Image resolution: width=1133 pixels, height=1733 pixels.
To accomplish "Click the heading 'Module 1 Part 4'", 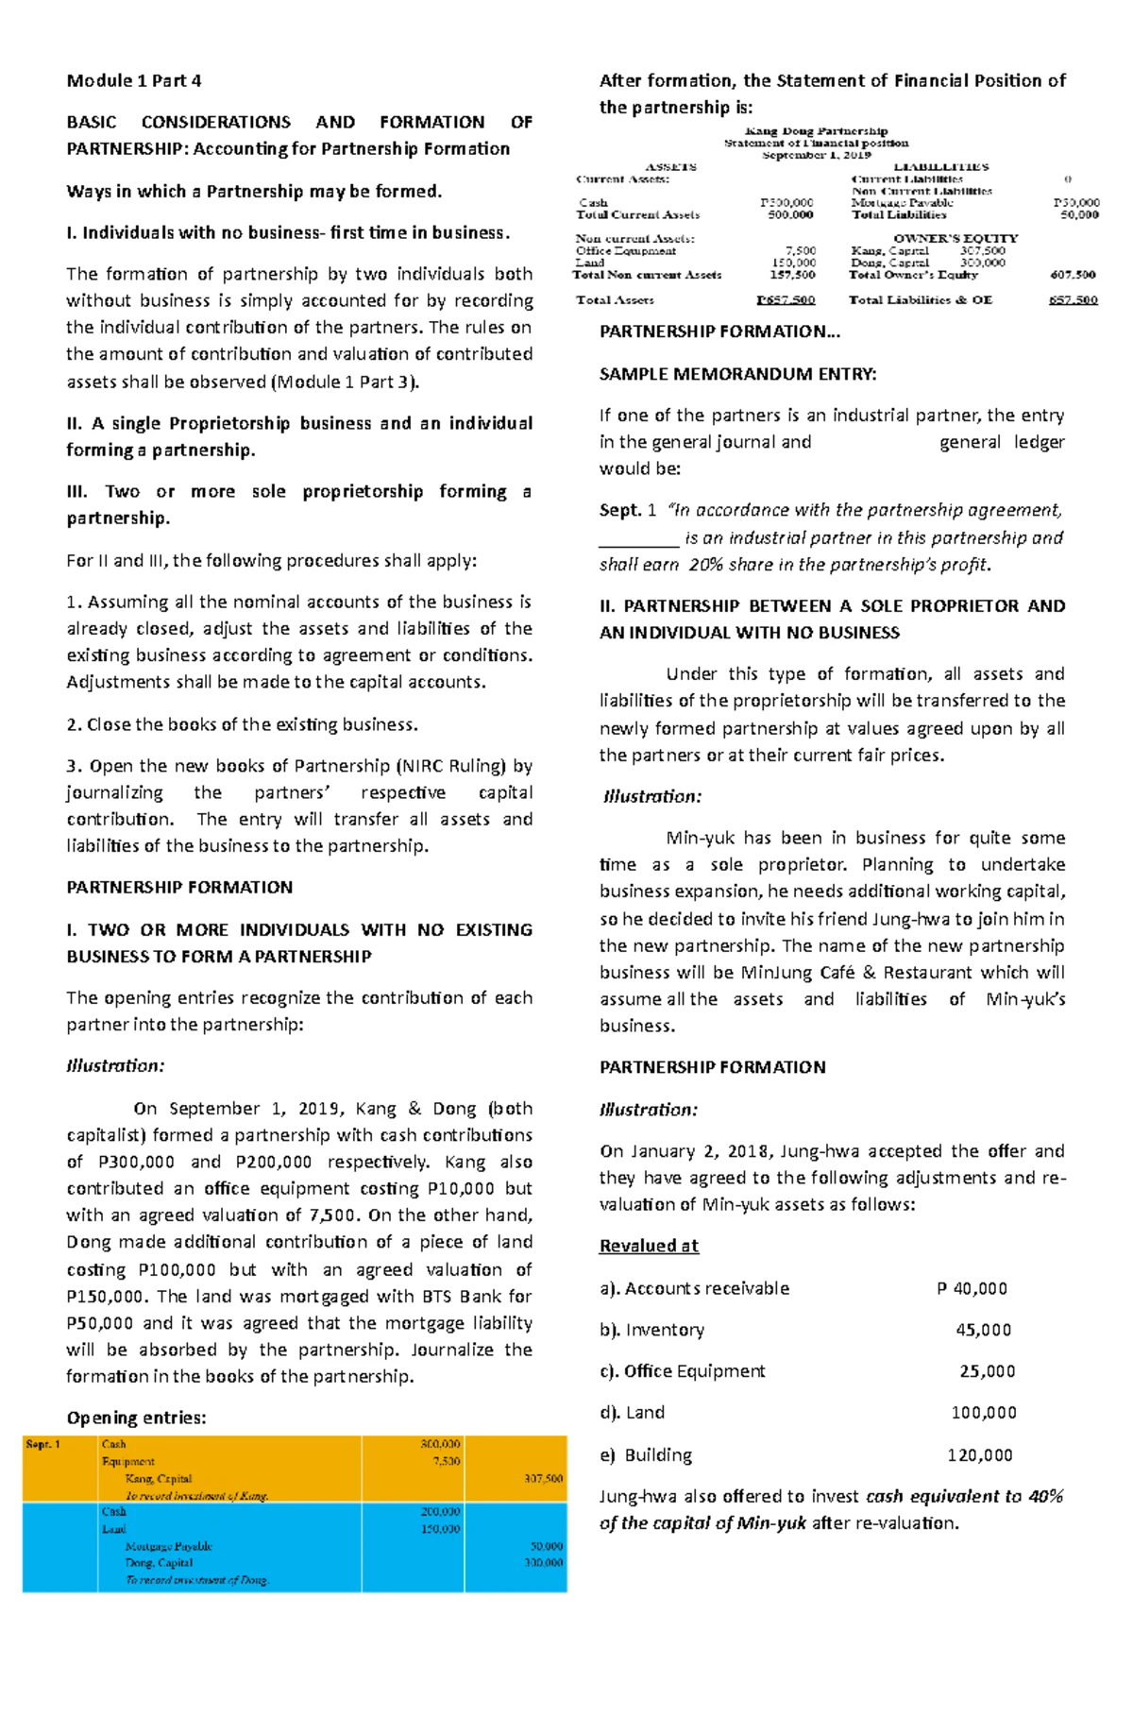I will click(133, 80).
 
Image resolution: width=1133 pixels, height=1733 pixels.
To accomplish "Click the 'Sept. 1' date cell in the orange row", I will click(42, 1444).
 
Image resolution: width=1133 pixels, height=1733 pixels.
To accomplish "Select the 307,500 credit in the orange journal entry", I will click(543, 1479).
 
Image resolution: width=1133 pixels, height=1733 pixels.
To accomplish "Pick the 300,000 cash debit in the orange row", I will click(440, 1444).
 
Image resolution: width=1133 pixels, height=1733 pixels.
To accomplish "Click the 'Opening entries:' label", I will click(136, 1418).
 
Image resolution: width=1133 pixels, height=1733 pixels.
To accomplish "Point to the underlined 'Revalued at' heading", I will click(649, 1246).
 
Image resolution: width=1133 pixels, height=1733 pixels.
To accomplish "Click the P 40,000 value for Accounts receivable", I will click(972, 1288).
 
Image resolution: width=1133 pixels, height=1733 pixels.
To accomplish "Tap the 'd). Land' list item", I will click(632, 1412).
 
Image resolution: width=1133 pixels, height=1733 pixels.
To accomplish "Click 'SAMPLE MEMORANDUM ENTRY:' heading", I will click(737, 374).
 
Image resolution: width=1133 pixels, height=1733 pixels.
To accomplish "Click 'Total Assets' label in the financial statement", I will click(615, 300).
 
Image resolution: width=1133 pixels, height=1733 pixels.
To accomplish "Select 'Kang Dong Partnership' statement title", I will click(816, 131).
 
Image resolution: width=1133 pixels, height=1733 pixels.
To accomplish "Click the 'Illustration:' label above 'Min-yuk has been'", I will click(652, 796).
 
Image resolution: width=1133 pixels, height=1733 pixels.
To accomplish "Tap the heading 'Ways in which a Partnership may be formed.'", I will click(254, 191).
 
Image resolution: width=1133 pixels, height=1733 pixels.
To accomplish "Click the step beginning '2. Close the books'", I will click(242, 724).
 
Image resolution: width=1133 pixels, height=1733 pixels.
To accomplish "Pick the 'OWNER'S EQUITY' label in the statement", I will click(955, 238).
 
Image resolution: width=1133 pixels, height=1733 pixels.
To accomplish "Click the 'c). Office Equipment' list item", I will click(682, 1370).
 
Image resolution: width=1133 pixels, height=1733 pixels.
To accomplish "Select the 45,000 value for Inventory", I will click(983, 1330).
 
